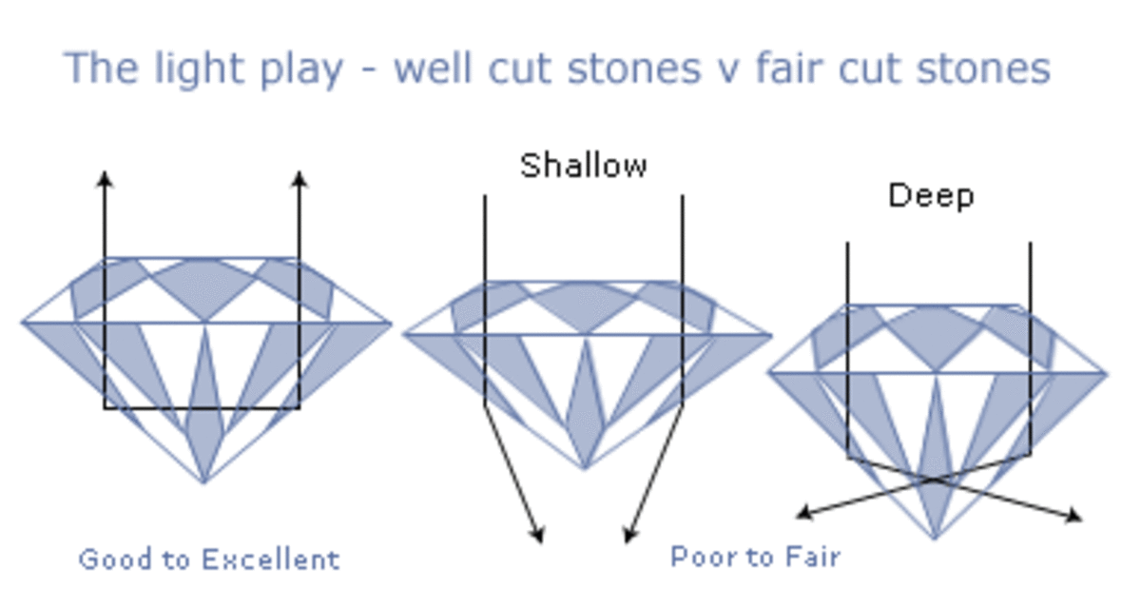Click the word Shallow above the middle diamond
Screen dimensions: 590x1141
pos(583,166)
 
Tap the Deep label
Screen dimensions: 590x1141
pos(931,196)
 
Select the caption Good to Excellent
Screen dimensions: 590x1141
pos(208,559)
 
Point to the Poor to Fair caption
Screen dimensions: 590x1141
pos(755,556)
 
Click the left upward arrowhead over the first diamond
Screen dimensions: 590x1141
pos(106,178)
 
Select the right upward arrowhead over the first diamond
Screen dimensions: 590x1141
pos(299,178)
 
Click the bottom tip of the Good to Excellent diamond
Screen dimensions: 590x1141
pos(203,482)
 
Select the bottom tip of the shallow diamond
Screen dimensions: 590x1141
pos(584,468)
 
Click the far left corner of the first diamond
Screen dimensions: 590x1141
pos(23,323)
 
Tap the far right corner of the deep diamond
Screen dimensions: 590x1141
pos(1106,373)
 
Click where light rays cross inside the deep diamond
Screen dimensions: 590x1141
pos(936,480)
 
